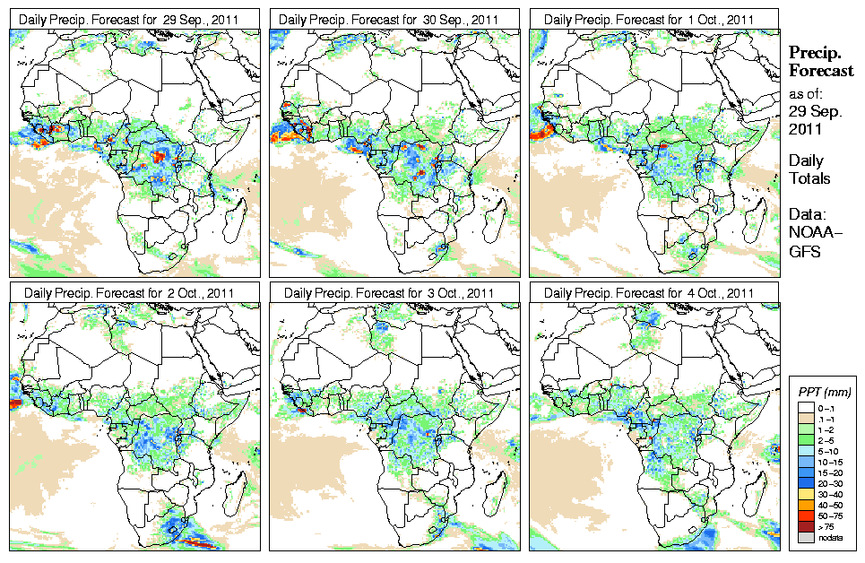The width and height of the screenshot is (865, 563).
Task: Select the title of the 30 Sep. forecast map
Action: coord(394,19)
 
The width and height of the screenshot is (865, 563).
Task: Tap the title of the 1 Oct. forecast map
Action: coord(652,19)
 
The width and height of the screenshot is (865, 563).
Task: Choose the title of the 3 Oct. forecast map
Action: coord(394,292)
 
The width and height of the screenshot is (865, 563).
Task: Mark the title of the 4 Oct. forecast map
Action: coord(652,292)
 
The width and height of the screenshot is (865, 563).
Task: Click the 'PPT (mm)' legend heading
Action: coord(824,392)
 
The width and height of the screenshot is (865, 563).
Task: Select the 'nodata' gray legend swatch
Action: coord(804,537)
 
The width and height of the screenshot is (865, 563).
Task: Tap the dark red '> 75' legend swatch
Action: coord(804,527)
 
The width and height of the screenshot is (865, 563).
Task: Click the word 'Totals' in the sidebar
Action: coord(809,178)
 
